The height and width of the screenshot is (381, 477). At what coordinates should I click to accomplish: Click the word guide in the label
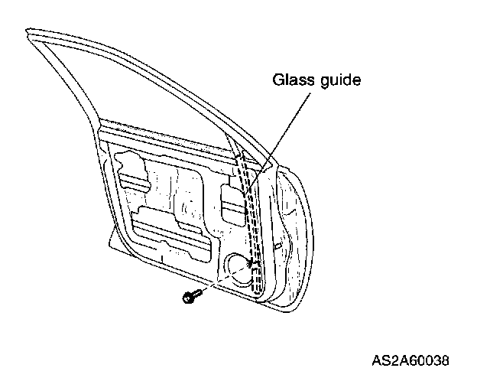337,80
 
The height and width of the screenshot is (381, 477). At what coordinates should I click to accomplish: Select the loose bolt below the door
191,296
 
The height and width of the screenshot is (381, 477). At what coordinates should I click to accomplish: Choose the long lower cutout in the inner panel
173,237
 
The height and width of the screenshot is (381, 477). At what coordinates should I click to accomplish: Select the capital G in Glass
276,79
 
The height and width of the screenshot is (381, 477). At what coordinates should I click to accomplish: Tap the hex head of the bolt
187,298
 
